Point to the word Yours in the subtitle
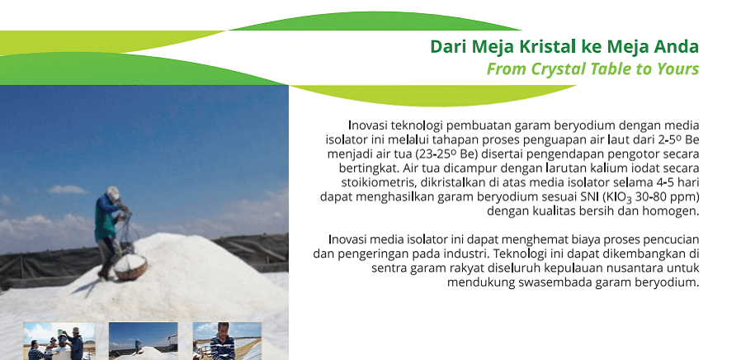tap(677, 69)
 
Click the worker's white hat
tap(113, 192)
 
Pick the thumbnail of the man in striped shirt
tap(227, 341)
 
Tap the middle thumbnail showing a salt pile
tap(144, 341)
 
